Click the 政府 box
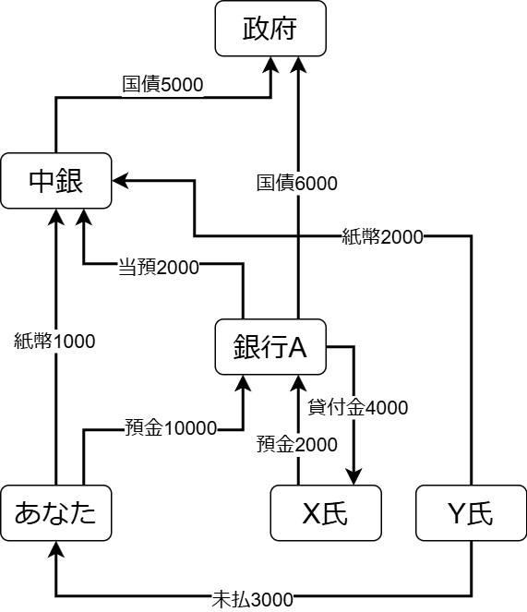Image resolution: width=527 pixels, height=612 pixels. (x=270, y=29)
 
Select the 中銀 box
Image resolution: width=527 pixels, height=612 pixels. (x=56, y=181)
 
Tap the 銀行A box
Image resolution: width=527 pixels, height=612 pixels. (x=270, y=347)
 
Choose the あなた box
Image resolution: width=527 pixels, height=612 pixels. (x=56, y=513)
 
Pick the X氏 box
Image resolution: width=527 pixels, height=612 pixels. (x=326, y=513)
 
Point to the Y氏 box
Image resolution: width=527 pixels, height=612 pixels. (x=472, y=513)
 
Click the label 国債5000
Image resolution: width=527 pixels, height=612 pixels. (x=162, y=85)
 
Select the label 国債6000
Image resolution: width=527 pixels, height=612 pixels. (x=296, y=183)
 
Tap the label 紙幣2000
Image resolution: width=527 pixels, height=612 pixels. (x=383, y=236)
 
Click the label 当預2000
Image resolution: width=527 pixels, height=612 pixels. (x=159, y=268)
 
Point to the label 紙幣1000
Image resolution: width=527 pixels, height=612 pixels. (x=54, y=342)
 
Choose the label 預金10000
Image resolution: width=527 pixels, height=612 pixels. (x=171, y=427)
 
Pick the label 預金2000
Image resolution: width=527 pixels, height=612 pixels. (x=296, y=445)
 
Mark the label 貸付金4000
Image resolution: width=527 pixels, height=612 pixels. (x=358, y=407)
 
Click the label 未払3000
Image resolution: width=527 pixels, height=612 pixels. (x=252, y=599)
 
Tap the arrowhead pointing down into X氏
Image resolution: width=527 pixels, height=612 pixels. (x=354, y=477)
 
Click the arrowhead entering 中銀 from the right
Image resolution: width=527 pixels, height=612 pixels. (x=120, y=180)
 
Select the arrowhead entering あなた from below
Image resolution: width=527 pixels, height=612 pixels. (x=56, y=549)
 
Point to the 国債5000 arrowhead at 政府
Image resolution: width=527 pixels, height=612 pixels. (x=271, y=65)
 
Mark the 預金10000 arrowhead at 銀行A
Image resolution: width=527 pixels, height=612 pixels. (x=244, y=383)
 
